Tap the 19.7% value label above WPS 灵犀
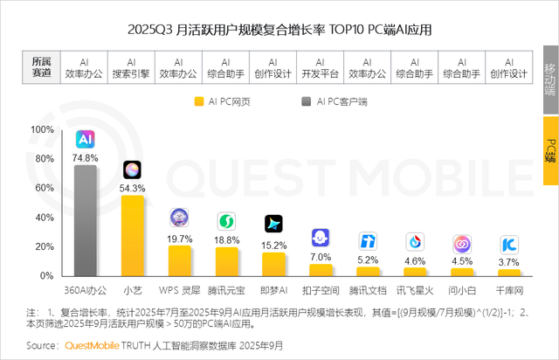tap(179, 239)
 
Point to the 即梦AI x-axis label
tap(274, 289)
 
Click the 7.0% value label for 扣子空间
tap(321, 258)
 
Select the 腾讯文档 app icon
tap(369, 242)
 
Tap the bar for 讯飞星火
tap(416, 271)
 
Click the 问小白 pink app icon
tap(463, 244)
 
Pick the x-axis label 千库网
tap(510, 289)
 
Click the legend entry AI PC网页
tap(224, 101)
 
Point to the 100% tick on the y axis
tap(42, 129)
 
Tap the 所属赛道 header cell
tap(41, 68)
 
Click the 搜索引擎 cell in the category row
tap(130, 68)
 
